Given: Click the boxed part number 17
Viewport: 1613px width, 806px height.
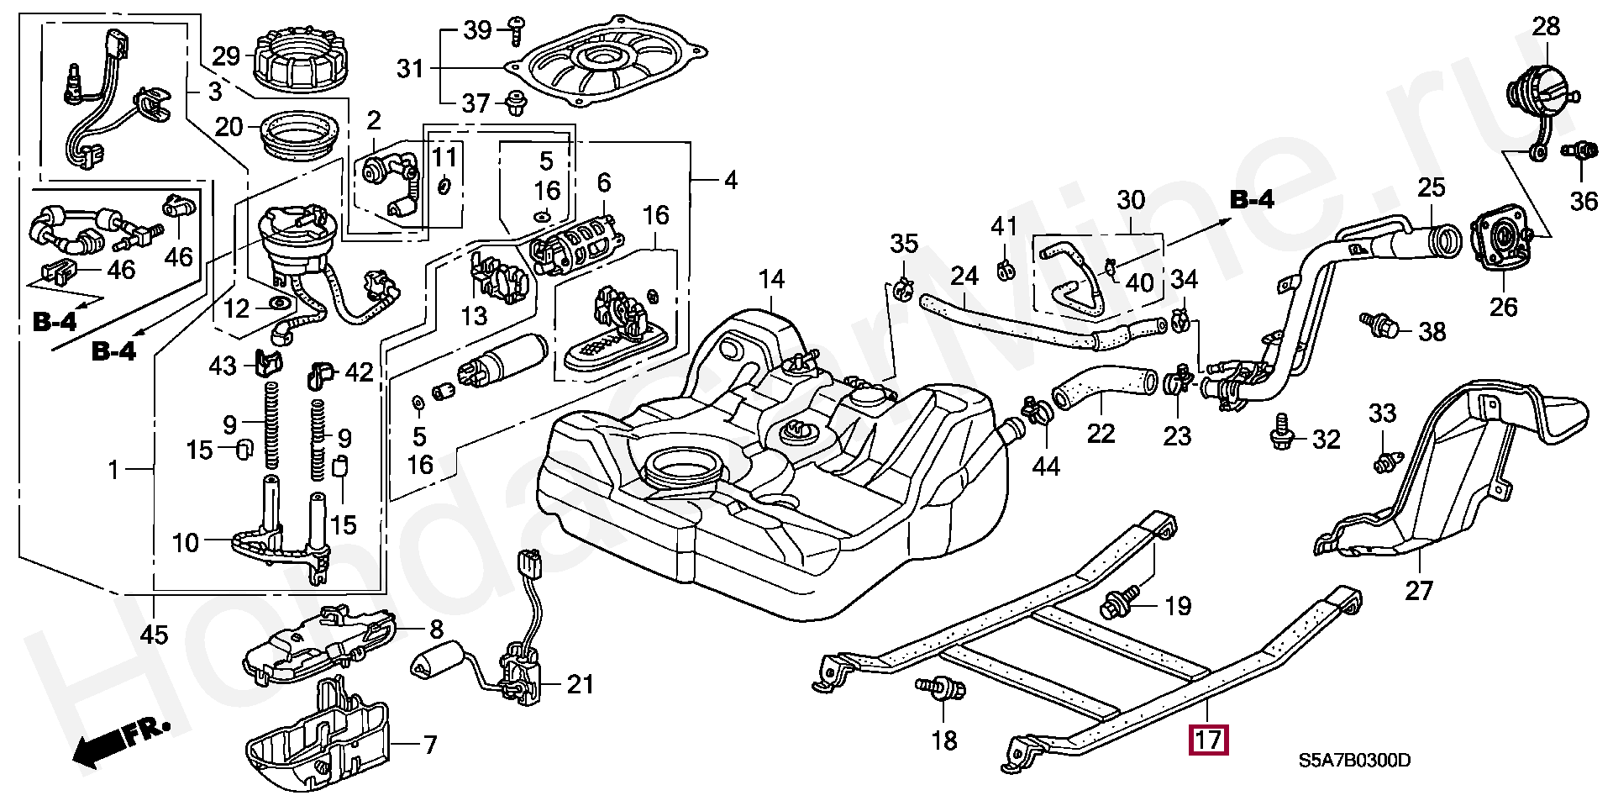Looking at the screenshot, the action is point(1208,740).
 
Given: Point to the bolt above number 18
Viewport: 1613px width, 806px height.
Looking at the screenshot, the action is point(942,690).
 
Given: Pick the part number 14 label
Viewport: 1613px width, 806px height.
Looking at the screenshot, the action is point(771,280).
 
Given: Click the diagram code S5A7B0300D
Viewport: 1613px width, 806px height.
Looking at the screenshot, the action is point(1354,761).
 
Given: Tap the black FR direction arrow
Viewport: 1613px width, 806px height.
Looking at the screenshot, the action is point(121,743).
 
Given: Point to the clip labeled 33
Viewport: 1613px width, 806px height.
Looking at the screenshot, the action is point(1384,462).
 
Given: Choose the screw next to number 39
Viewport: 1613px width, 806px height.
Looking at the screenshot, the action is point(516,29).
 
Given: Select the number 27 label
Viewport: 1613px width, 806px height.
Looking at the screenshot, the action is point(1418,591).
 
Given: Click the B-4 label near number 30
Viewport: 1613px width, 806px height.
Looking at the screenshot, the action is point(1252,199).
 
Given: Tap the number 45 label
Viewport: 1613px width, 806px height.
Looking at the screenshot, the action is point(154,635).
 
